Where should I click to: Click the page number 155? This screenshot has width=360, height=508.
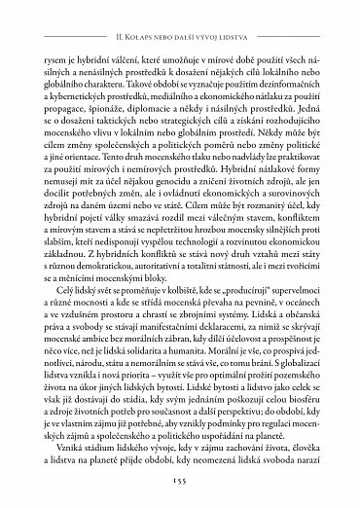[179, 481]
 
